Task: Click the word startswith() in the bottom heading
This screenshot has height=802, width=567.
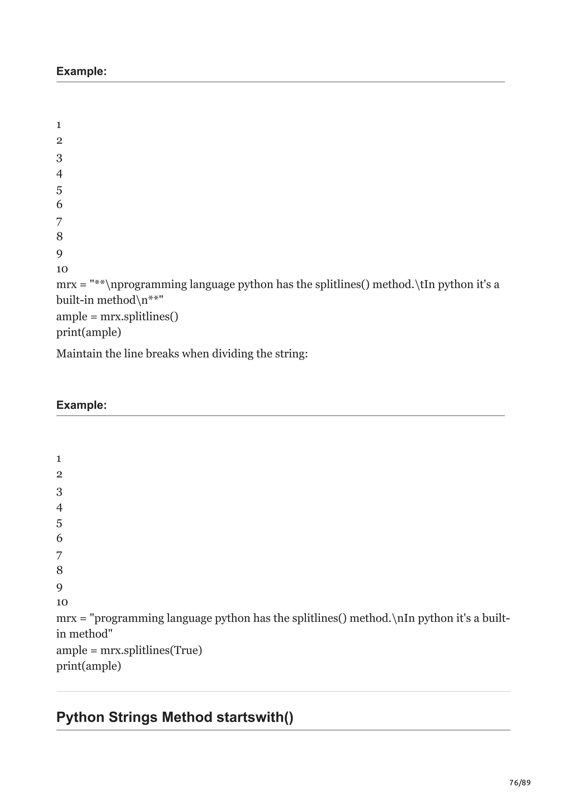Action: point(255,718)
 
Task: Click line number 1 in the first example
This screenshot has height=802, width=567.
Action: point(59,125)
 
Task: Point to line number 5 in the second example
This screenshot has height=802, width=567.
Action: point(59,523)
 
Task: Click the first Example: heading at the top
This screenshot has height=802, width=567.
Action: point(81,71)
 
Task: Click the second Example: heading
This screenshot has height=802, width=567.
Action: point(81,405)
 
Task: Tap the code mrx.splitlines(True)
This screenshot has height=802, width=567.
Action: point(151,650)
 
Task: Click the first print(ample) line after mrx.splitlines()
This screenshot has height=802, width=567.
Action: point(89,332)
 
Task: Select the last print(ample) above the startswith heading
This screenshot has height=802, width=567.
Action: point(89,666)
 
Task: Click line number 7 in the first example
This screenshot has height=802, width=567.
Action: point(59,221)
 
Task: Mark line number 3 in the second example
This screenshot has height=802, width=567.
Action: point(59,492)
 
